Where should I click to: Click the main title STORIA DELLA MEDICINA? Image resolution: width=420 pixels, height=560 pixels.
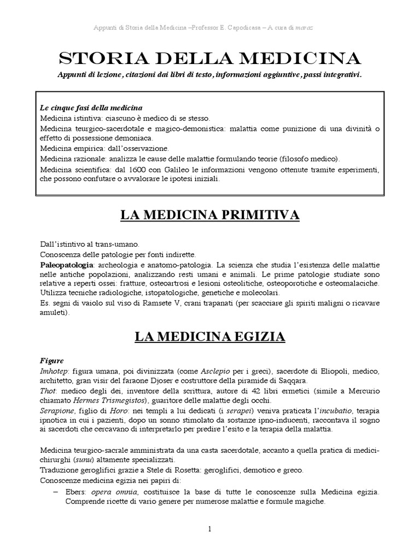click(x=209, y=58)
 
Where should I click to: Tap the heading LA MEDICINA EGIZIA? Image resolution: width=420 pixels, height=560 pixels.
click(x=210, y=336)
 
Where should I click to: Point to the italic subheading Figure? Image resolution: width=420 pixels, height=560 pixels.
click(x=52, y=361)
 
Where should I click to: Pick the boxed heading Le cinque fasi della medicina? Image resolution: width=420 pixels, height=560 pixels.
click(x=91, y=107)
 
